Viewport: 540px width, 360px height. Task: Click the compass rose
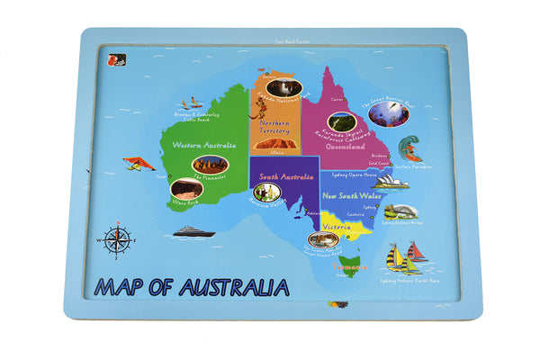[118, 239]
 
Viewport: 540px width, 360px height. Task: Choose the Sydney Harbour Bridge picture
[400, 211]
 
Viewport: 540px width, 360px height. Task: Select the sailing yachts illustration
[404, 258]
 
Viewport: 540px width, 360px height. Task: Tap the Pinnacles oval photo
[210, 165]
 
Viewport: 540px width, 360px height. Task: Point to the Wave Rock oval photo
[185, 188]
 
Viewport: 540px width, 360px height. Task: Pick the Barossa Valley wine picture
[266, 192]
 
